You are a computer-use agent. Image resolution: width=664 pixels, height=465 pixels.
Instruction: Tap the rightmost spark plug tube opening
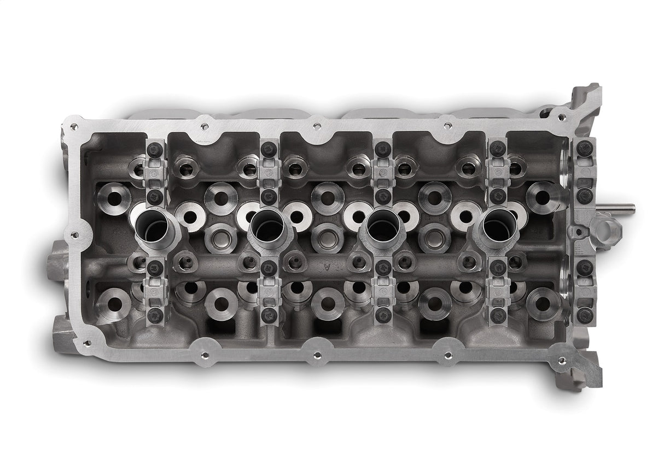pyautogui.click(x=497, y=223)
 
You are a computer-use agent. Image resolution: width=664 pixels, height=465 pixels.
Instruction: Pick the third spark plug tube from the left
pyautogui.click(x=382, y=223)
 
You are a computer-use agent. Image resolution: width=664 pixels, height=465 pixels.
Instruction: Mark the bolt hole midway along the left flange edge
pyautogui.click(x=72, y=236)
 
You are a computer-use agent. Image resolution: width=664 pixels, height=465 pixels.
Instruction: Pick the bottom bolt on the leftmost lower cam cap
pyautogui.click(x=155, y=314)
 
